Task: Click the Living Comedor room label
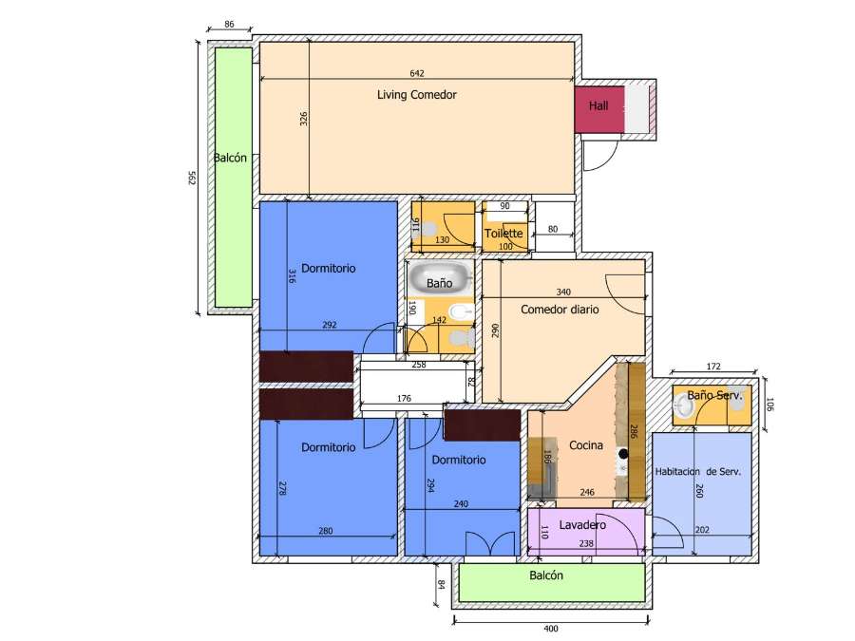tap(417, 95)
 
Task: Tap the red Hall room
tap(598, 106)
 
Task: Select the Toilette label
tap(503, 234)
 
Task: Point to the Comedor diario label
tap(560, 310)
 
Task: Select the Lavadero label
tap(582, 525)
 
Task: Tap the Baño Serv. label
tap(713, 394)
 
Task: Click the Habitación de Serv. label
tap(697, 471)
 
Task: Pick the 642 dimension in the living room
tap(417, 73)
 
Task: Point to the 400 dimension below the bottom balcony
tap(551, 629)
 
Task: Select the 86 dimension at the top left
tap(229, 23)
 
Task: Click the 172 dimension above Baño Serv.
tap(714, 366)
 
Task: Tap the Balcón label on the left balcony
tap(231, 159)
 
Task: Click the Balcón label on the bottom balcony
tap(546, 575)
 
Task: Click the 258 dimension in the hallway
tap(418, 364)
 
